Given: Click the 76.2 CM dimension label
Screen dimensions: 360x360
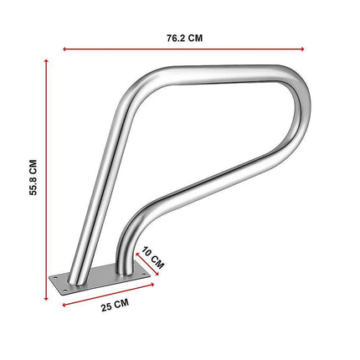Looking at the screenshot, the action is pos(184,38).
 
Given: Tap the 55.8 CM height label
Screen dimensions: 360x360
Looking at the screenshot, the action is pos(33,177).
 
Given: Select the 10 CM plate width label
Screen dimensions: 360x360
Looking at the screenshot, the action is pos(152,258).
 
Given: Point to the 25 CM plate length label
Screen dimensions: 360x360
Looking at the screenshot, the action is pos(115,305).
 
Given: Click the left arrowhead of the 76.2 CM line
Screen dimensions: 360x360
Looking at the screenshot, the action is pos(64,49).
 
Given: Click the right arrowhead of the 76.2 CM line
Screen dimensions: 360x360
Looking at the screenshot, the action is pos(302,49).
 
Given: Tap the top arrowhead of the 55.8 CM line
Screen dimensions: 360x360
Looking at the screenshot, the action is pos(46,61).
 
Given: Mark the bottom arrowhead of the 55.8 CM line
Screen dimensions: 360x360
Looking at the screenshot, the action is pos(46,298).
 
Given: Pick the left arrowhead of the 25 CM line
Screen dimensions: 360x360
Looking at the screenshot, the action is pos(64,305).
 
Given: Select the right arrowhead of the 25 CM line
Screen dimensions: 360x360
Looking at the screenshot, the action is pos(152,285).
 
